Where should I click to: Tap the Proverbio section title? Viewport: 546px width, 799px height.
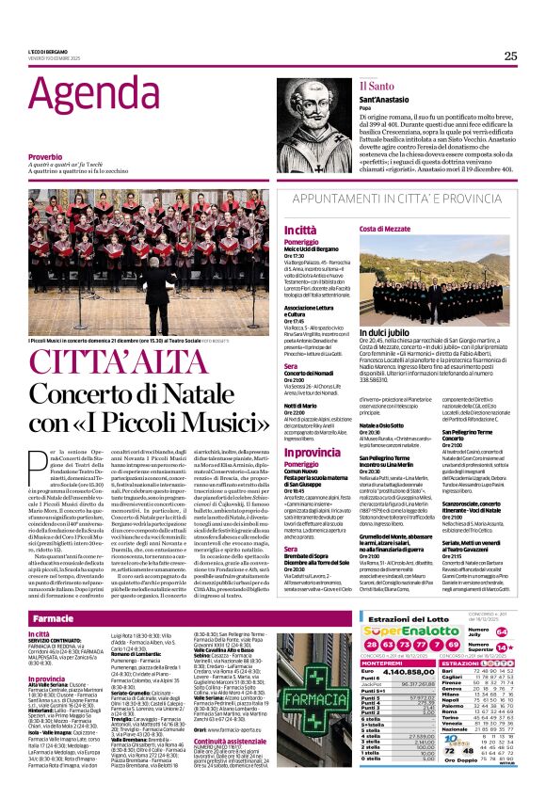point(45,156)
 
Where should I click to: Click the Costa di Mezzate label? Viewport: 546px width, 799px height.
point(384,229)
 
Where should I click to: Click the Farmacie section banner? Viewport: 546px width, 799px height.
point(54,619)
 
